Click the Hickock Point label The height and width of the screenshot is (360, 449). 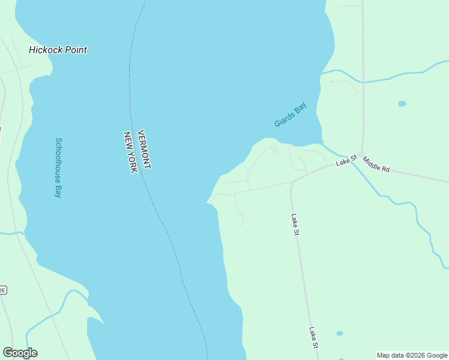58,50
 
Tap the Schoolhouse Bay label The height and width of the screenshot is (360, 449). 59,168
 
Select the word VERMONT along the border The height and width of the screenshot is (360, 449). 143,149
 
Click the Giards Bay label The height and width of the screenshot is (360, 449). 291,115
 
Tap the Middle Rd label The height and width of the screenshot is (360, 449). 376,166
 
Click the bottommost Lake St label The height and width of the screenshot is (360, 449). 313,337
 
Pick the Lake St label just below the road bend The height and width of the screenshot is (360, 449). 295,225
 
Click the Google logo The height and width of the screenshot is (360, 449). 20,353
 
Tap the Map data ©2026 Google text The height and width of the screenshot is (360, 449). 411,355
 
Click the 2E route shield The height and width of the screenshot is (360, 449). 2,290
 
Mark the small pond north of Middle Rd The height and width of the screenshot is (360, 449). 402,104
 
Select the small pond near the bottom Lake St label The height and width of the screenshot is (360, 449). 340,333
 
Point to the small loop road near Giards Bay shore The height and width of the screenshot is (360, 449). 275,150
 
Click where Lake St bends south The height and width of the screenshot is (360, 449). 292,182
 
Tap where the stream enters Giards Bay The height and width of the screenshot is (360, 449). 322,143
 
